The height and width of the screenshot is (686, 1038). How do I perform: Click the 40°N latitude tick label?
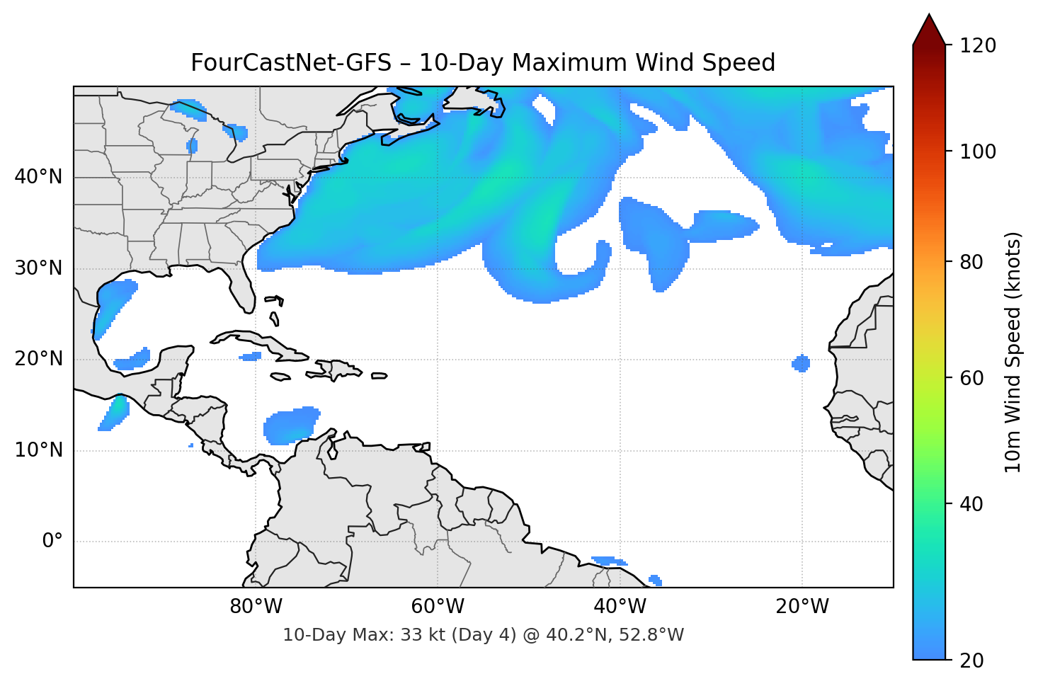38,177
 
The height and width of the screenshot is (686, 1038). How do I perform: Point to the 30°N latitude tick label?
38,268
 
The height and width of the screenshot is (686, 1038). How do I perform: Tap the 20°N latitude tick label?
38,359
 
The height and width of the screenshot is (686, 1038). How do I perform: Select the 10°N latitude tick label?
38,450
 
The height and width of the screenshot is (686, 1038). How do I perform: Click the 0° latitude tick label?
52,542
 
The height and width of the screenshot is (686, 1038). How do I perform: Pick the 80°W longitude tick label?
256,607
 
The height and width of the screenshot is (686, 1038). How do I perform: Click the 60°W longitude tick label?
438,607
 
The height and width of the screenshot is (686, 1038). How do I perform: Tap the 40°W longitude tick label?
620,607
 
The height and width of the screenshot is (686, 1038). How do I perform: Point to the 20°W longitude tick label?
802,607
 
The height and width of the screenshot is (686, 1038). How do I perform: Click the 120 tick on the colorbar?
978,46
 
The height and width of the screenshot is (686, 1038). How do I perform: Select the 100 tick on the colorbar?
978,152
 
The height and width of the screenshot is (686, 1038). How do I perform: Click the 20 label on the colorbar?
971,661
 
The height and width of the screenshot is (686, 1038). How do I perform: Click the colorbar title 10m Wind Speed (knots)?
1013,353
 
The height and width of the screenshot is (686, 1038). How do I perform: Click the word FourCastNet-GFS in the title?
291,63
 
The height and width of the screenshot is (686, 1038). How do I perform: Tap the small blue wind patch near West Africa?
801,363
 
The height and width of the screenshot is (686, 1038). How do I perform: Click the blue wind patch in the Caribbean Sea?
291,425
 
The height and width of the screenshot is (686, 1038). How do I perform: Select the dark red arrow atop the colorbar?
929,30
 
